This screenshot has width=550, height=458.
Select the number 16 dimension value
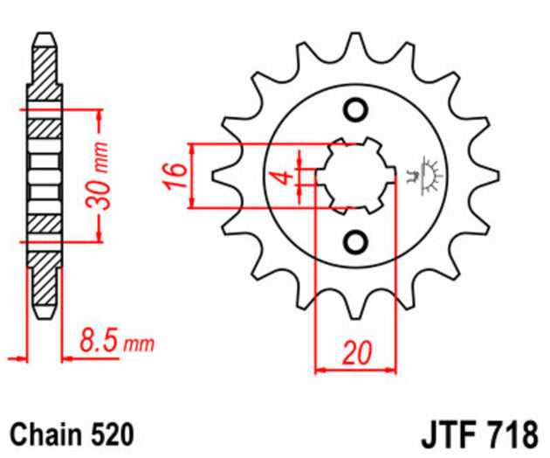tap(175, 176)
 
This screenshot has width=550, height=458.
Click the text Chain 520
tap(71, 434)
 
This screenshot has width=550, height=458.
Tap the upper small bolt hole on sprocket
tap(354, 111)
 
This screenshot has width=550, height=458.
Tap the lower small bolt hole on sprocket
tap(354, 240)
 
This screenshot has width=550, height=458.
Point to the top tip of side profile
tap(45, 39)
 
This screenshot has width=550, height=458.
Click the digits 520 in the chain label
tap(110, 434)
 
